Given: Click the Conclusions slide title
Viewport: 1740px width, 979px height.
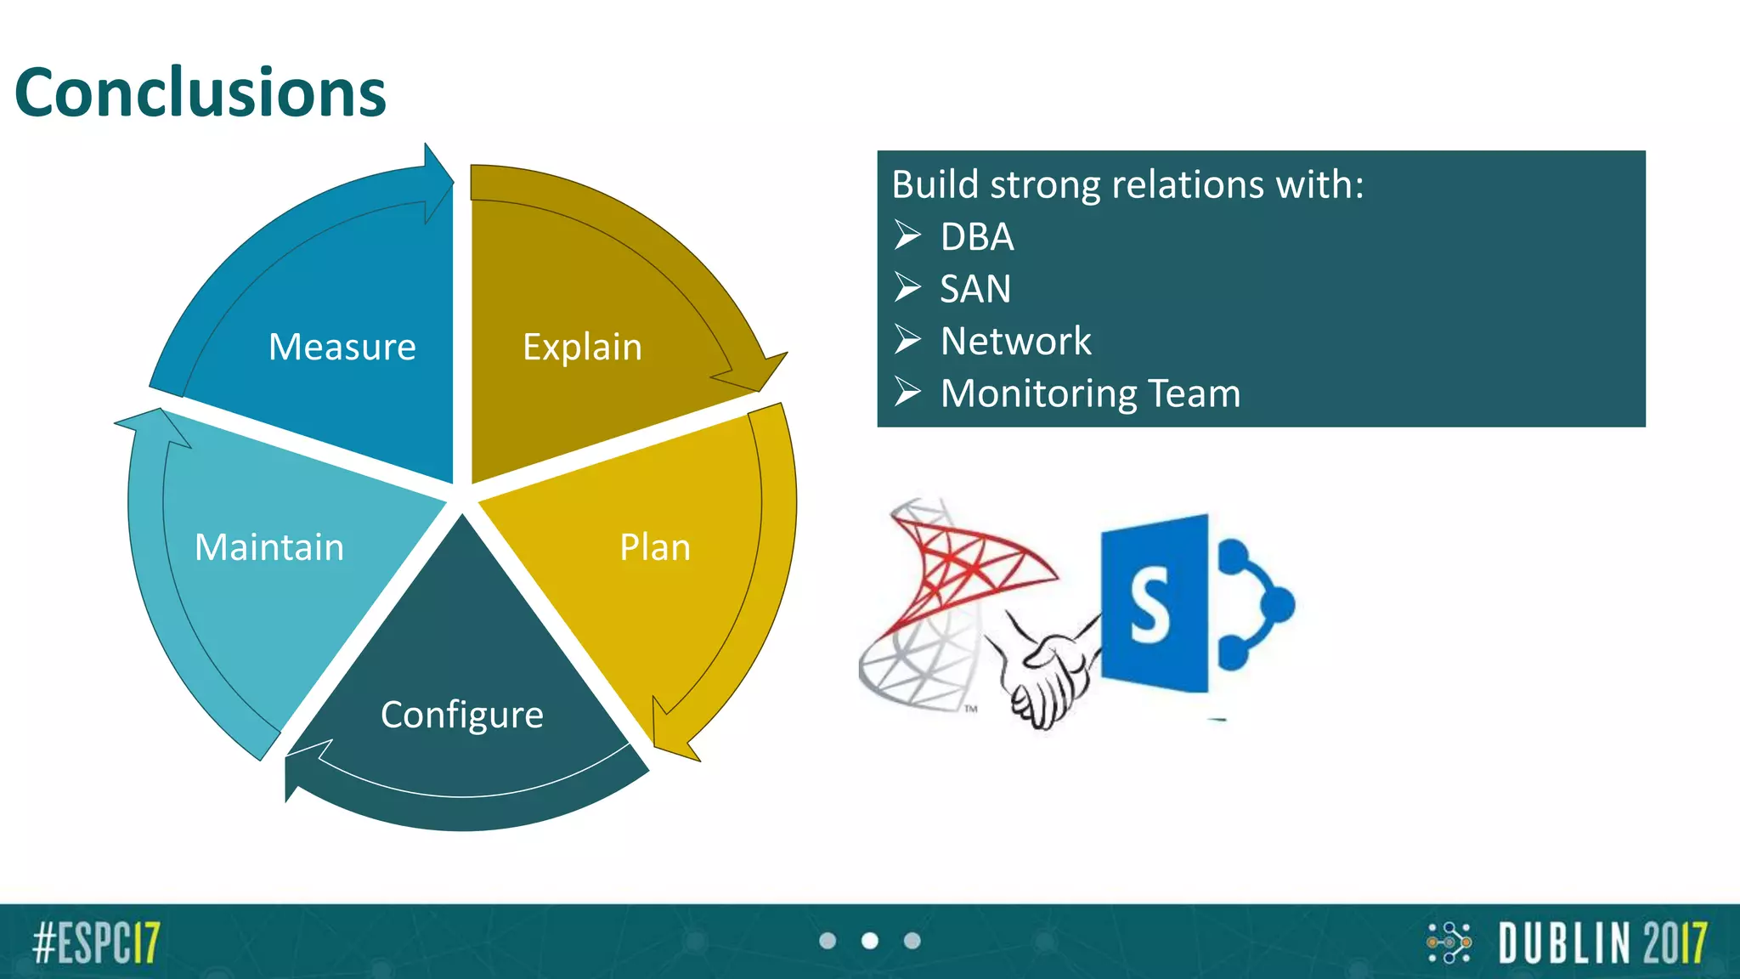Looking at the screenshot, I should [201, 93].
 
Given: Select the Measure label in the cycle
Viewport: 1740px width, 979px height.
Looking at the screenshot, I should [342, 347].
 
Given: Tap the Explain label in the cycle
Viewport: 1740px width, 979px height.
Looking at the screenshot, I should [582, 347].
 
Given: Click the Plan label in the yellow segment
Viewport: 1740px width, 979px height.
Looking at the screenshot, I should [654, 547].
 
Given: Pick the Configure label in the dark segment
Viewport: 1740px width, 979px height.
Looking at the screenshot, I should [461, 715].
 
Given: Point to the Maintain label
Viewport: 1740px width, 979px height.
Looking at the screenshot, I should [269, 547].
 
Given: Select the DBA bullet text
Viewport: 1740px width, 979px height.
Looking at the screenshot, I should [976, 237].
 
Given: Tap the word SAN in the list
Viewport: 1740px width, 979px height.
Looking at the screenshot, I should [975, 289].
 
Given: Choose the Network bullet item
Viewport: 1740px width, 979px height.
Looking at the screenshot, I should [1015, 342].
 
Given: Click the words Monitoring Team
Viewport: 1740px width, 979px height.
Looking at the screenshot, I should [1090, 393].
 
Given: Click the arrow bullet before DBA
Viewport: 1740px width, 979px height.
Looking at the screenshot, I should [907, 235].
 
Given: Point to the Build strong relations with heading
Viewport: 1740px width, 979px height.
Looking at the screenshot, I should [1127, 184].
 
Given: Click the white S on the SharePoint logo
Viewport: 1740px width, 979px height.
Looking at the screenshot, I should [1150, 606].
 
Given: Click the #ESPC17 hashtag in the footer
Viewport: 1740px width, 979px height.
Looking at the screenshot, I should [96, 942].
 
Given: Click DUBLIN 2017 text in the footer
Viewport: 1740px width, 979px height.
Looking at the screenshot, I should [1602, 942].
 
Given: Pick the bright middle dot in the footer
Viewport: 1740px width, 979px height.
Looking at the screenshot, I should [869, 941].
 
